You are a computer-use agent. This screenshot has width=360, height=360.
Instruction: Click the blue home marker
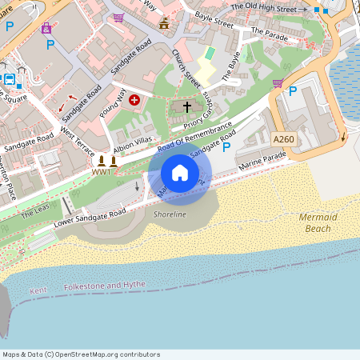[180, 173]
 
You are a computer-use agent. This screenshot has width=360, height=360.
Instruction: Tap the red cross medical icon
[134, 101]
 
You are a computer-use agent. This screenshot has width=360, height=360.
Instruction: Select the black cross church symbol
[188, 106]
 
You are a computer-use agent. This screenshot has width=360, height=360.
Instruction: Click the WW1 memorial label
[102, 172]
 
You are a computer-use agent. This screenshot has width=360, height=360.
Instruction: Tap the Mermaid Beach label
[318, 223]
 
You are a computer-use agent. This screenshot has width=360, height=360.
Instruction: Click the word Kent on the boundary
[38, 290]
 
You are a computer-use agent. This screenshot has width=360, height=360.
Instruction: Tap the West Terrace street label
[78, 141]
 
